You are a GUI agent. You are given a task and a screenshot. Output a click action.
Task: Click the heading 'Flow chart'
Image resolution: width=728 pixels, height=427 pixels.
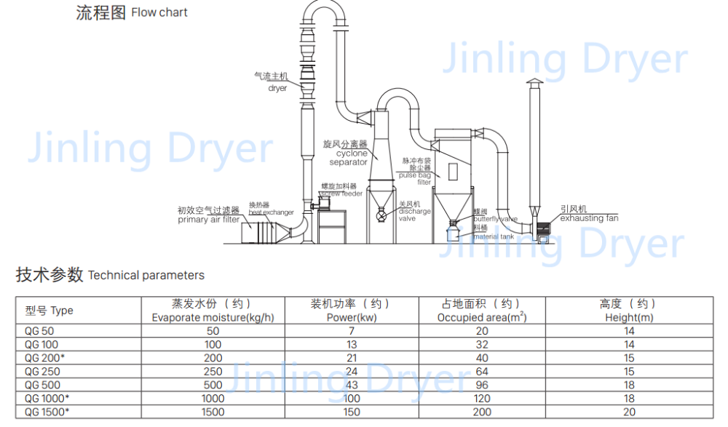click(159, 12)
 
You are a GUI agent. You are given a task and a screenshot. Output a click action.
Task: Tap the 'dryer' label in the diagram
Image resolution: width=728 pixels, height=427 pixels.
click(277, 88)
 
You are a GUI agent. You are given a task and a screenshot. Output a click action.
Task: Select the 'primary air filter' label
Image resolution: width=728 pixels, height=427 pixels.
click(208, 220)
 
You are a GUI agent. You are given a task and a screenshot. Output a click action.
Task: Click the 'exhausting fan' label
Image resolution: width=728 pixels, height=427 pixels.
click(589, 218)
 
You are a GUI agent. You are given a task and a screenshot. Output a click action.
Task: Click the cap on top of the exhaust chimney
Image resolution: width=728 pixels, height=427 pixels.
click(534, 82)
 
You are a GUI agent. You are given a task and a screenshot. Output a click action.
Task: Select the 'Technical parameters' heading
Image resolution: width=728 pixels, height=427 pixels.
click(146, 276)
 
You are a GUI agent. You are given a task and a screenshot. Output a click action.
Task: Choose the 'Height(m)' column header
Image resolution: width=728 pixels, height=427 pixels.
click(629, 318)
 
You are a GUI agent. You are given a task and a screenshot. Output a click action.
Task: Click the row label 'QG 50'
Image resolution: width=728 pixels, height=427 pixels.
click(39, 331)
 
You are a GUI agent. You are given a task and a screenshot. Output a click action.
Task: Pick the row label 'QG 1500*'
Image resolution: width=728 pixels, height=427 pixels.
click(47, 412)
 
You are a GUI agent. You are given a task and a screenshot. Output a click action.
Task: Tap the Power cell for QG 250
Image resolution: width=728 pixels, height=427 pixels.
click(352, 372)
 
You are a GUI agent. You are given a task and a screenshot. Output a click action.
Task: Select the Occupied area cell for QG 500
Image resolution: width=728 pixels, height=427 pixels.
click(482, 385)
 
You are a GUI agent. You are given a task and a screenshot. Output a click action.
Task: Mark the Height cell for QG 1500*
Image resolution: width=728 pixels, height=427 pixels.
click(629, 412)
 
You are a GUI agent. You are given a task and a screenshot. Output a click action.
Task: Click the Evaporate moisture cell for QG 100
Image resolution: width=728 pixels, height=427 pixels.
click(213, 345)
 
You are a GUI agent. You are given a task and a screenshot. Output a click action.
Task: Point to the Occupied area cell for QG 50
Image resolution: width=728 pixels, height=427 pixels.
click(482, 331)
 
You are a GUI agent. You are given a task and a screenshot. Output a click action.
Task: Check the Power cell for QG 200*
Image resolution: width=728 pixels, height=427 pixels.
click(352, 358)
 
